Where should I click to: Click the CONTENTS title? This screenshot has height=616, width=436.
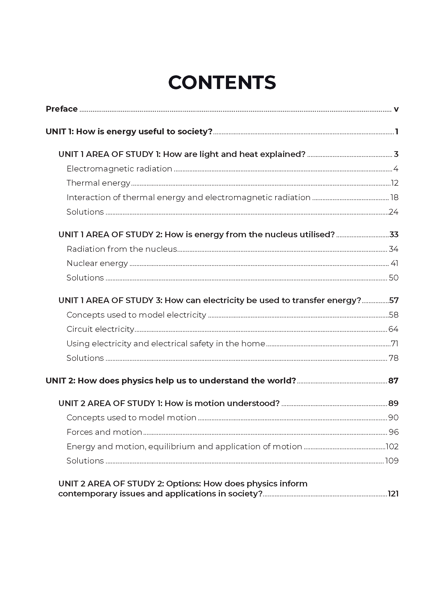click(222, 82)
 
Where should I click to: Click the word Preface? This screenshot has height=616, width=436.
click(61, 109)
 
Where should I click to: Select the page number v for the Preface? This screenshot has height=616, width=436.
click(396, 110)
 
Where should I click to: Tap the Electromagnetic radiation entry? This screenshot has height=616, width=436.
click(119, 169)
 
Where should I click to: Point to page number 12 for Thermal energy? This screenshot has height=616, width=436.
click(394, 183)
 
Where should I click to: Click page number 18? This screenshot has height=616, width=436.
click(394, 198)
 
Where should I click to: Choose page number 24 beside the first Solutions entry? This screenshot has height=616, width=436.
click(394, 212)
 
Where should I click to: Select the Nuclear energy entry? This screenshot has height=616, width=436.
click(97, 263)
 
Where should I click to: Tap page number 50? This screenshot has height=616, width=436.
click(394, 278)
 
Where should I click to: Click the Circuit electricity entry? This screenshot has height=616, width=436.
click(100, 329)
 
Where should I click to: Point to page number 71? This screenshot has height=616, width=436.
click(394, 344)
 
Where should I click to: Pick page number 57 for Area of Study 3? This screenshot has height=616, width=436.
click(394, 300)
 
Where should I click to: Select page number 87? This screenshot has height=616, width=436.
click(393, 381)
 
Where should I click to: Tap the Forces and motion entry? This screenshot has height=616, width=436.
click(104, 432)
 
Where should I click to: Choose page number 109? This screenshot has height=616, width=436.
click(392, 461)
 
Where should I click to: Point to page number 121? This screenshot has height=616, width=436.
click(393, 494)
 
